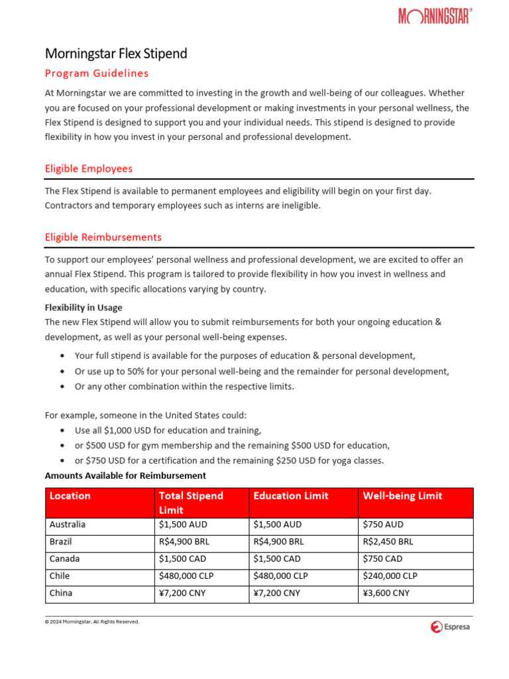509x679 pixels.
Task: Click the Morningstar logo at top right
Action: [435, 16]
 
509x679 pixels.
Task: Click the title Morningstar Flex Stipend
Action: [116, 54]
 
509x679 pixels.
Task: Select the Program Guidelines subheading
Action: [97, 73]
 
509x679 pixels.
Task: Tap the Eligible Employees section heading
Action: [89, 168]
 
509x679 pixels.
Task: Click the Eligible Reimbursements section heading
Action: [103, 237]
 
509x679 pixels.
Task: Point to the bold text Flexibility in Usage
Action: [84, 308]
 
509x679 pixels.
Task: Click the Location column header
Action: [70, 496]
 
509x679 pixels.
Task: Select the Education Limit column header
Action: [291, 496]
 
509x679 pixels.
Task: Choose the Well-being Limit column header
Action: [402, 496]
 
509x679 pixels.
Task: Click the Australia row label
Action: [68, 525]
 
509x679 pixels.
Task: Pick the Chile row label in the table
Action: [60, 576]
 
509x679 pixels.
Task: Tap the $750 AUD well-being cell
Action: [383, 525]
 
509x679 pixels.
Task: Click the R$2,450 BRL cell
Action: [388, 542]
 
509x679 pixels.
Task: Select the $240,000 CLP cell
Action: [390, 576]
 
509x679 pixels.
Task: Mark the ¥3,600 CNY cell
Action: [386, 593]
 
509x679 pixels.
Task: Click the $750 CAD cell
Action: [383, 559]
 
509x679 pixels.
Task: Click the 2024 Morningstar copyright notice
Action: [92, 622]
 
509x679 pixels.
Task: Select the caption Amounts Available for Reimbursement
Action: [125, 475]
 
